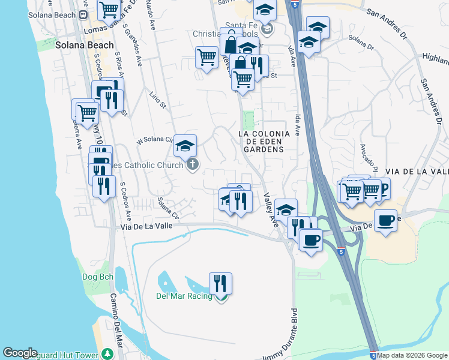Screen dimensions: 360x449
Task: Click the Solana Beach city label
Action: (84, 45)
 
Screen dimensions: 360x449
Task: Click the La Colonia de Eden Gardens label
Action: (264, 141)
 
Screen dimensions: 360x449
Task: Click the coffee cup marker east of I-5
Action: (385, 220)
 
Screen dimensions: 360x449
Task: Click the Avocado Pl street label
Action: (368, 154)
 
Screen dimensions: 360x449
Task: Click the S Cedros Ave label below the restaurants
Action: (125, 201)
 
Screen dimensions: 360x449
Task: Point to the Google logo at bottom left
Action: (20, 353)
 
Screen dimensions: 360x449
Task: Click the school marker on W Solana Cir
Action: (185, 145)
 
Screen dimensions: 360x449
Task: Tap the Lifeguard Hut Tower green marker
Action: (107, 353)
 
